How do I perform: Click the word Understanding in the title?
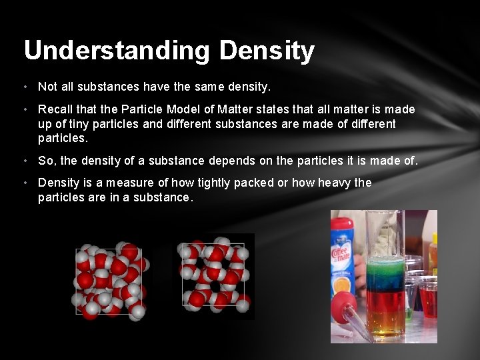(116, 51)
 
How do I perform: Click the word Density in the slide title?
(266, 51)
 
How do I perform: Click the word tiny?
(75, 124)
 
